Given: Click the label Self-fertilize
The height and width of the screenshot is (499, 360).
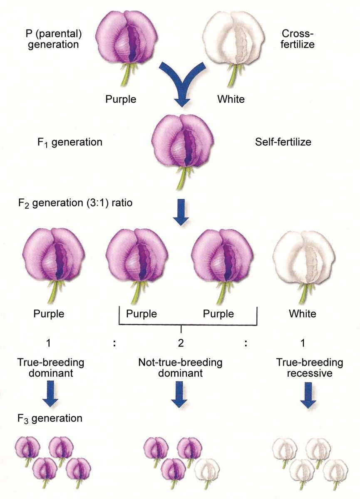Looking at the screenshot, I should click(x=283, y=142).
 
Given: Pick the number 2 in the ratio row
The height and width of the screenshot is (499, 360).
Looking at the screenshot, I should click(x=181, y=343).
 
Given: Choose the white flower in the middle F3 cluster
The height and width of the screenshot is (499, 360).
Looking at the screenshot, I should click(x=207, y=469).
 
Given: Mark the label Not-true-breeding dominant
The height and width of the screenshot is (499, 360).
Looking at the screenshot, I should click(x=180, y=368).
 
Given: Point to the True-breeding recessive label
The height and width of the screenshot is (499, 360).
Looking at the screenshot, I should click(x=310, y=368).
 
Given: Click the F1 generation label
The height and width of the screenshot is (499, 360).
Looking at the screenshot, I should click(x=70, y=142).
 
